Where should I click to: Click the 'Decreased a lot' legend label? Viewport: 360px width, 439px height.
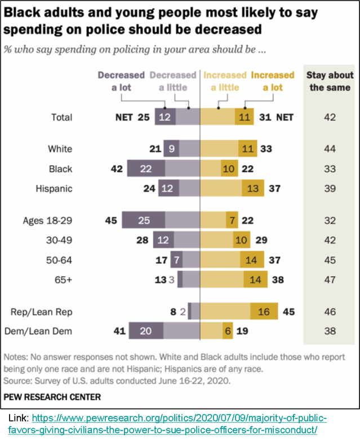click(x=121, y=81)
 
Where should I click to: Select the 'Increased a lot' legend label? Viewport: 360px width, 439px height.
click(x=273, y=81)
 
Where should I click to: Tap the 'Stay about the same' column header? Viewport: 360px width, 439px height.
click(x=330, y=81)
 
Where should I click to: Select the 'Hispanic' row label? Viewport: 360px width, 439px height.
click(x=55, y=189)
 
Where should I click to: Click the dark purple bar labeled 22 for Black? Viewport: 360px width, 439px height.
click(x=146, y=168)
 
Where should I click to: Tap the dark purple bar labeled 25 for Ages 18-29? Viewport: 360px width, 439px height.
click(x=143, y=220)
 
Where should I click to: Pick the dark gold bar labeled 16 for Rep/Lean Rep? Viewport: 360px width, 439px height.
click(x=264, y=311)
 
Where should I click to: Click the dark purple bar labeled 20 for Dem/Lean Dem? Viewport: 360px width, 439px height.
click(x=146, y=331)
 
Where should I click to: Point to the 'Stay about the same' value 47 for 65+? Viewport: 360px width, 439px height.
click(x=329, y=280)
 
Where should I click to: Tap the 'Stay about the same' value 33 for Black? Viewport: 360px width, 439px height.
click(x=329, y=168)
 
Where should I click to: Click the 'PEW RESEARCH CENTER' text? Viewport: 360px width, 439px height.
click(x=52, y=397)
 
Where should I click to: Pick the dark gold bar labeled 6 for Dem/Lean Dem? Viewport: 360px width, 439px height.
click(x=228, y=331)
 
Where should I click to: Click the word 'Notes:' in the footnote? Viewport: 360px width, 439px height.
click(x=17, y=357)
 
